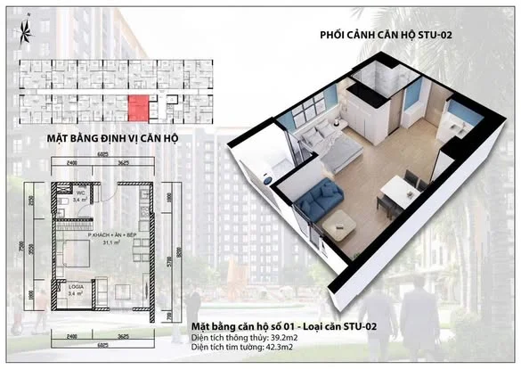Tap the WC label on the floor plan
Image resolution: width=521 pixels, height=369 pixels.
coord(79,194)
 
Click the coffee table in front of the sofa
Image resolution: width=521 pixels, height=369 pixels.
coord(339,228)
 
